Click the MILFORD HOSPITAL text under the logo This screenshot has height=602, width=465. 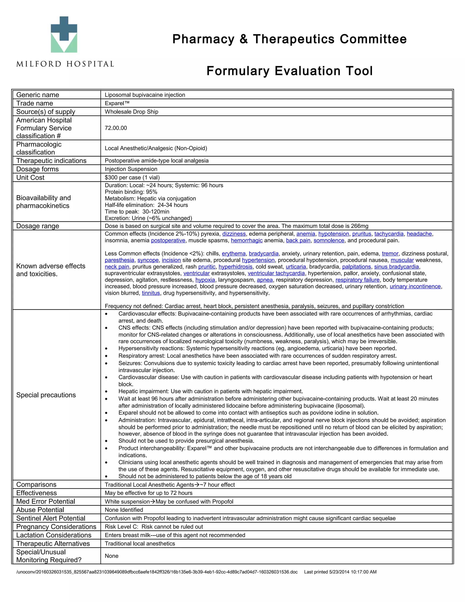(x=65, y=64)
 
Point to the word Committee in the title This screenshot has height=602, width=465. (x=373, y=39)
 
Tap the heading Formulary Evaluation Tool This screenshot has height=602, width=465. (x=289, y=71)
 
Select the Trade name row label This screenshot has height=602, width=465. (x=35, y=103)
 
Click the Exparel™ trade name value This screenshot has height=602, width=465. (x=117, y=103)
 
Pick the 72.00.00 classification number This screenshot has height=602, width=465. (x=116, y=128)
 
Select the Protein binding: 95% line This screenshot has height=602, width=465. (x=131, y=192)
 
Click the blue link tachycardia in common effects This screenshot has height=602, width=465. (x=389, y=234)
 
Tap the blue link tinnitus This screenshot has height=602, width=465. (x=151, y=293)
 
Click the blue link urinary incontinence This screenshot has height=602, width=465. (x=415, y=286)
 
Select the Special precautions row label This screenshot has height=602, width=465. (x=46, y=395)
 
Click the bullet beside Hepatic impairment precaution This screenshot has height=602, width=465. (x=106, y=392)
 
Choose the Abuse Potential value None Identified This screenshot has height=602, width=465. (x=124, y=510)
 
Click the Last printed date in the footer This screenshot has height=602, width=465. (x=340, y=572)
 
